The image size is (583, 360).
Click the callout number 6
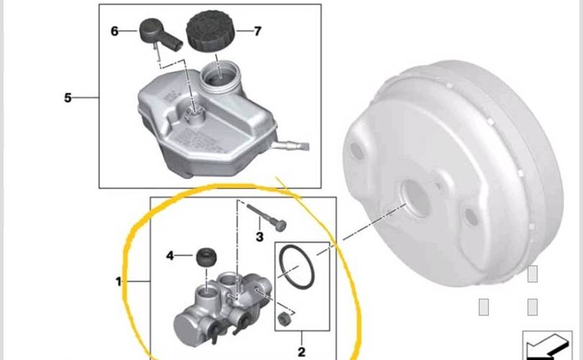click(114, 31)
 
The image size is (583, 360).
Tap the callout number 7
click(258, 31)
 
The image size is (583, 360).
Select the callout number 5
click(68, 98)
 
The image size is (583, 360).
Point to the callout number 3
click(260, 237)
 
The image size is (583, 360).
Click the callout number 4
click(170, 256)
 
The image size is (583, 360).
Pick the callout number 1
click(119, 282)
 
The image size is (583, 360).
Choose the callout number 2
click(302, 351)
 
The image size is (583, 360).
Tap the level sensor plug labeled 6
click(161, 35)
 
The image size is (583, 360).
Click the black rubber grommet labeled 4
click(207, 257)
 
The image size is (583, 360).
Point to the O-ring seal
click(297, 267)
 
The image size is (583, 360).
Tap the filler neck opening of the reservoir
click(220, 76)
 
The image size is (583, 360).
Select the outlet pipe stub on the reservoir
click(291, 145)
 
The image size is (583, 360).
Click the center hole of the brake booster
click(415, 198)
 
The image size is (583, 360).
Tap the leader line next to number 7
click(244, 31)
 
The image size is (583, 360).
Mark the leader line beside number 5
click(86, 98)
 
